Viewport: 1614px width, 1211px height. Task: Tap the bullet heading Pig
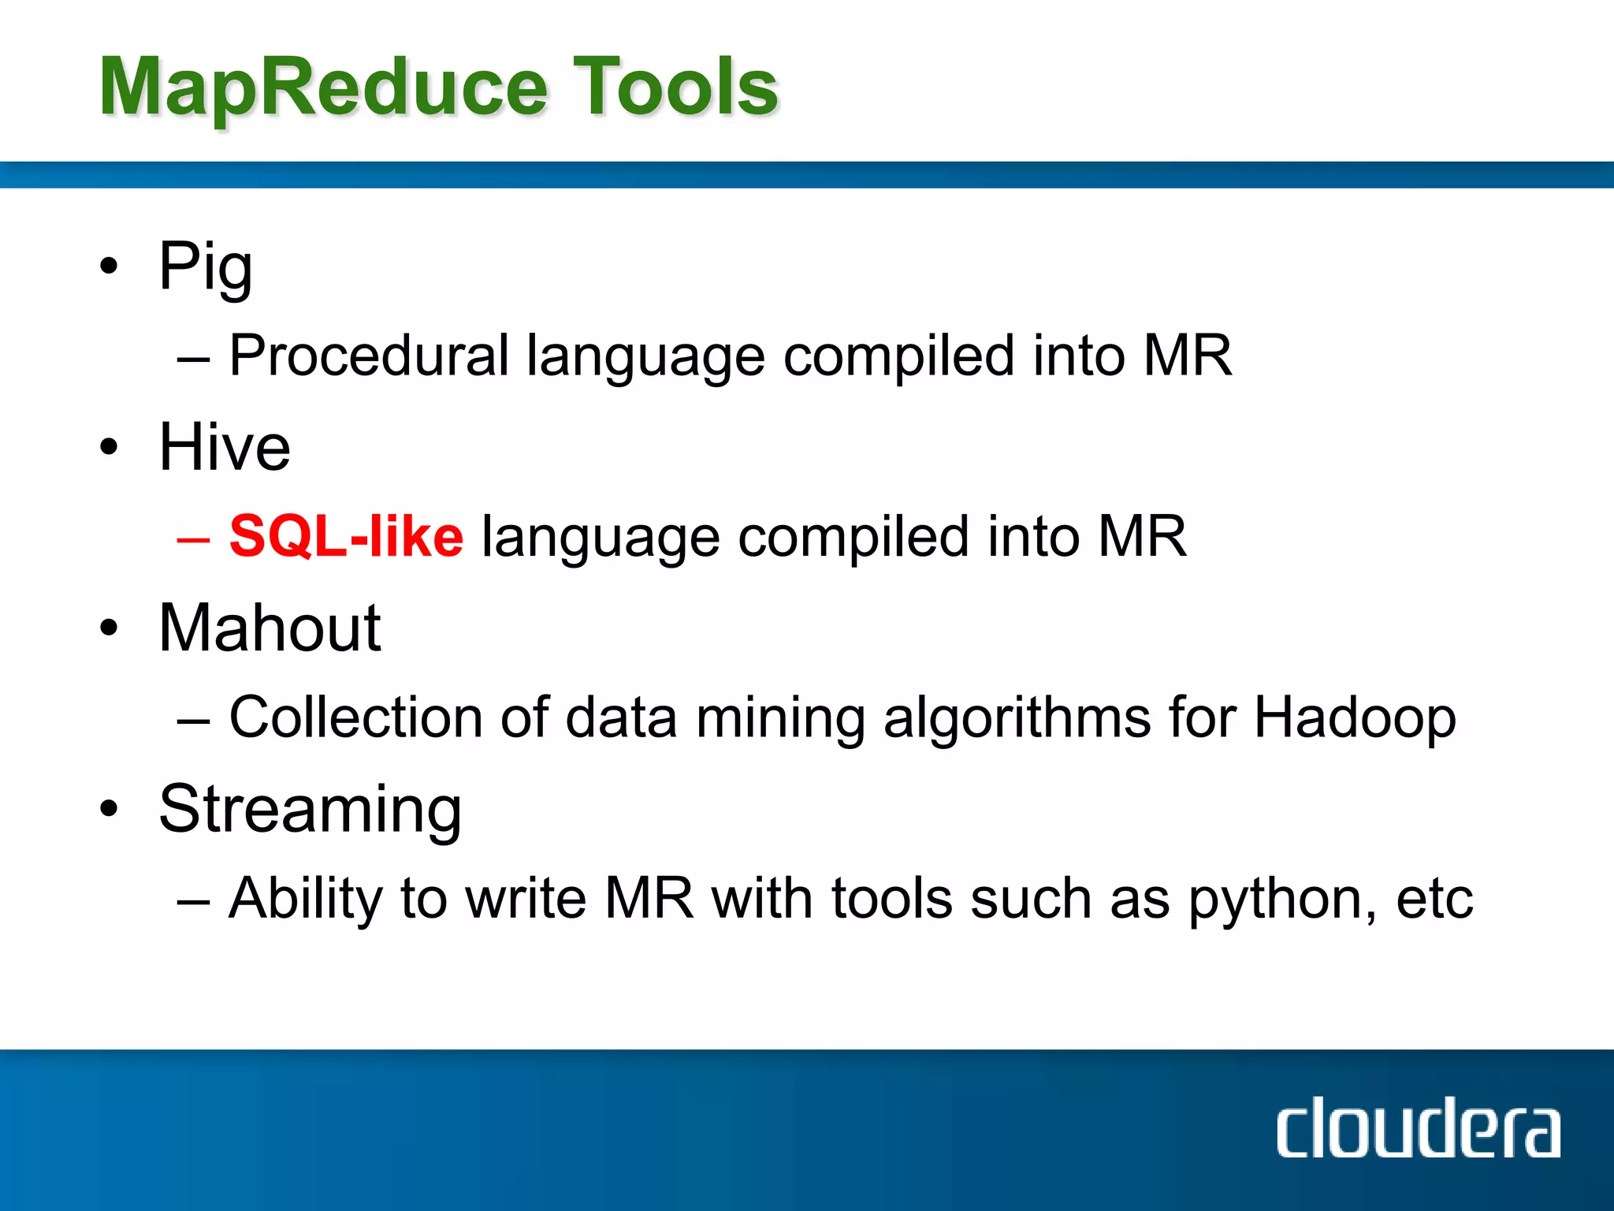point(205,268)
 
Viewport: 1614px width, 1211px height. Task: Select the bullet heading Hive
point(225,447)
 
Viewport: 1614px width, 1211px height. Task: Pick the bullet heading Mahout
point(270,628)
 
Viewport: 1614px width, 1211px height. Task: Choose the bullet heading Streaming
point(310,810)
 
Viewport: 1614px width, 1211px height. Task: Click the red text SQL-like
point(346,537)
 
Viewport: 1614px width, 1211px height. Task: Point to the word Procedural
point(369,356)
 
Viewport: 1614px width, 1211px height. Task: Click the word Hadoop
point(1354,718)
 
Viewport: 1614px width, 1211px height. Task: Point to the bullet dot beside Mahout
point(109,628)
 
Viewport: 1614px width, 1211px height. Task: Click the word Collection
point(355,718)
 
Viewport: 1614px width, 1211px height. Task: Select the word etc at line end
point(1434,900)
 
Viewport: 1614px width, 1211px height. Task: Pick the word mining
point(780,718)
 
